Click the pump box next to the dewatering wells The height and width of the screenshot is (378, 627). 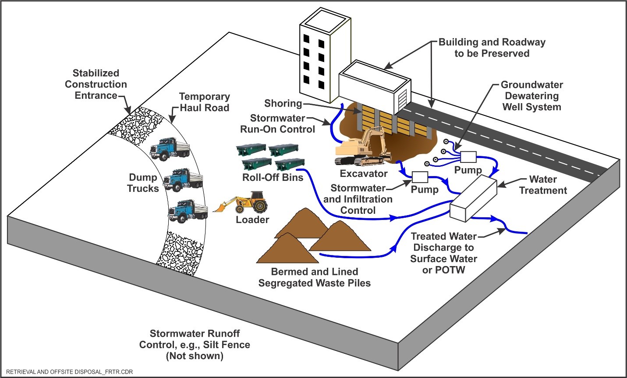(x=468, y=157)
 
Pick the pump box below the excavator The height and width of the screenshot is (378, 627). (x=419, y=177)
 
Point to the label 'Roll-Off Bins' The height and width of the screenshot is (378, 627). (x=273, y=177)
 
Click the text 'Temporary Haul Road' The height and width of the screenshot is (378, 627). (x=204, y=102)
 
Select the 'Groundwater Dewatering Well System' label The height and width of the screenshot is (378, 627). (x=531, y=96)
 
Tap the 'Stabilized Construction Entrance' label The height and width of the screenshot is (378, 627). (x=96, y=84)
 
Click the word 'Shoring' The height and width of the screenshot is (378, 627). (x=283, y=104)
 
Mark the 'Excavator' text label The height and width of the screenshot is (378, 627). (x=364, y=173)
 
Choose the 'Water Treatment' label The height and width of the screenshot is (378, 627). (x=543, y=185)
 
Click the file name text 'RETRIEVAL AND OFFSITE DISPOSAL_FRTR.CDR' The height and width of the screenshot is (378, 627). (x=69, y=372)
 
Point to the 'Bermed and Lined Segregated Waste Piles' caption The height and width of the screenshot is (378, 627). (x=314, y=277)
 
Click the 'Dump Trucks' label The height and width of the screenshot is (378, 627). (x=143, y=183)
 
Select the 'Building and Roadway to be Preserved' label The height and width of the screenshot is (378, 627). (x=492, y=48)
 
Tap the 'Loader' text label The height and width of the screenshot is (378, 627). (x=252, y=220)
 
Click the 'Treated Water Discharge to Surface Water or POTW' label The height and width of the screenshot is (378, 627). (x=443, y=253)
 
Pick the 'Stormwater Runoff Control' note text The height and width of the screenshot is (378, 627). (x=195, y=345)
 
